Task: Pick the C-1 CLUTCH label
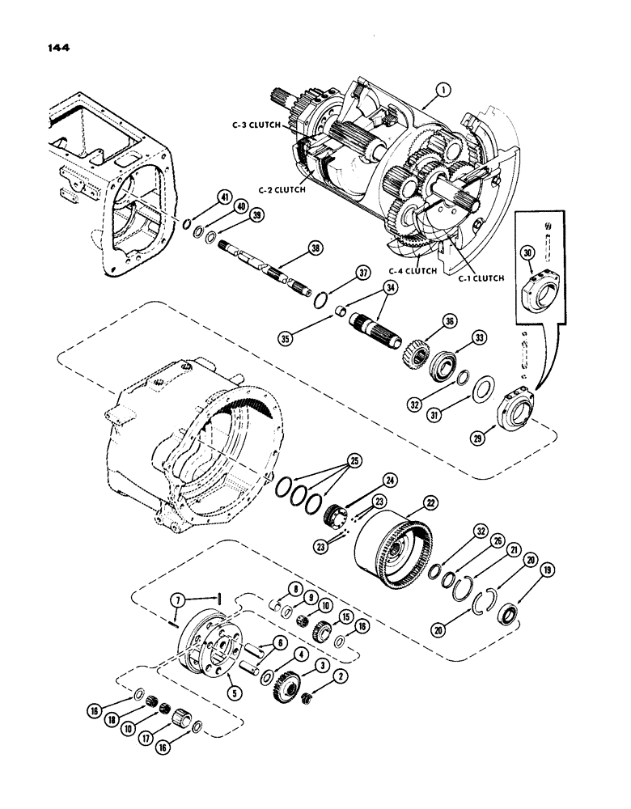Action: pos(482,277)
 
